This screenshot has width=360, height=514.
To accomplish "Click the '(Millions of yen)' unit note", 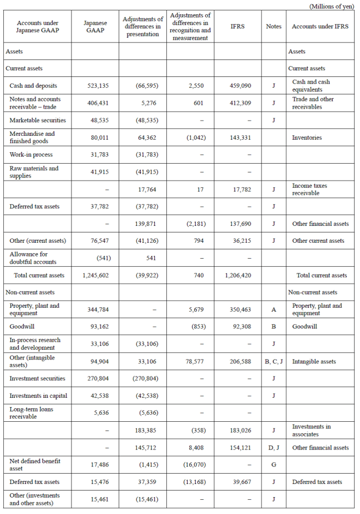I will (x=332, y=6).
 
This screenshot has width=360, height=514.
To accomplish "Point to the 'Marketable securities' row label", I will (x=38, y=120).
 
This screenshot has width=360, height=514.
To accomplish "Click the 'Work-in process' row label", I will (x=31, y=155).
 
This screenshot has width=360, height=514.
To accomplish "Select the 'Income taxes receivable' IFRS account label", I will (x=309, y=189).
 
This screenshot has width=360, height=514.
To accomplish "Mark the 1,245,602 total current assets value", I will (x=95, y=276).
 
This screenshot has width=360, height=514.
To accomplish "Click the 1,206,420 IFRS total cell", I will (x=238, y=276).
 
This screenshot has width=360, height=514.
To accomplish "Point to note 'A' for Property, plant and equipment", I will (x=273, y=309).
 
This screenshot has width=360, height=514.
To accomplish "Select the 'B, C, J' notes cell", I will (x=273, y=361).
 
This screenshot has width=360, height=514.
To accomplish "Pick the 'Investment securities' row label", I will (x=37, y=378).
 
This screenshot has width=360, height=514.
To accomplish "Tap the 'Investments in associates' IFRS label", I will (x=311, y=430).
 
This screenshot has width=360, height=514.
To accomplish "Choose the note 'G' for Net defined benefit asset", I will (x=273, y=465).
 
